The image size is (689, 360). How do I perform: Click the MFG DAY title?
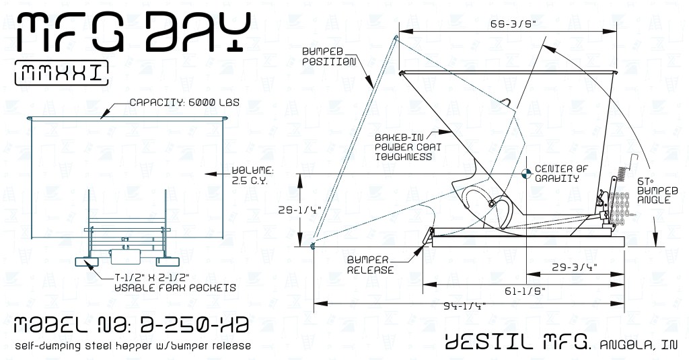click(x=133, y=33)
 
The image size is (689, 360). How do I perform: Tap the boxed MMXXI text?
click(x=61, y=73)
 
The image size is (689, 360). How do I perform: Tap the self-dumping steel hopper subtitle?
click(x=133, y=346)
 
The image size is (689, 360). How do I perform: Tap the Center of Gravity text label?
click(x=556, y=173)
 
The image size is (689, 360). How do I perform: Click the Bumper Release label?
click(x=370, y=264)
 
